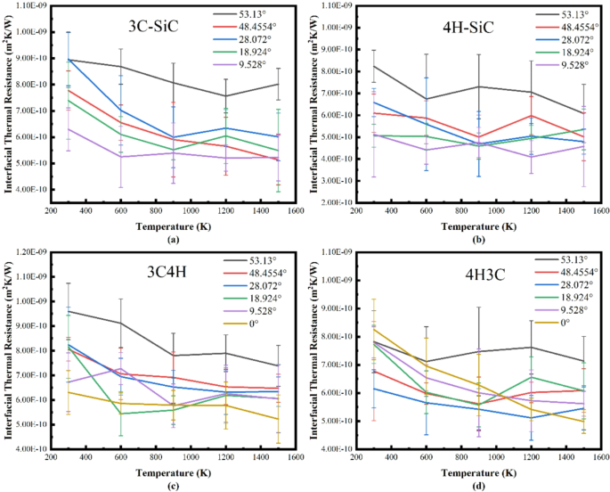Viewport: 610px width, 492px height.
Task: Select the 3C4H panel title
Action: [99, 274]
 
